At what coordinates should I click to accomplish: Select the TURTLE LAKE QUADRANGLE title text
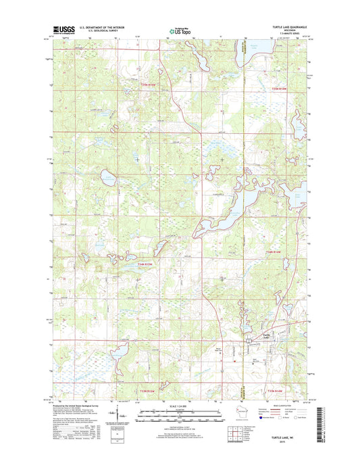pos(283,26)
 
